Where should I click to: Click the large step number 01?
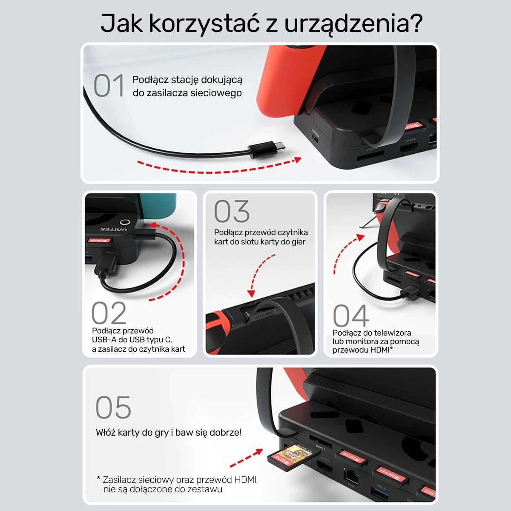click(109, 86)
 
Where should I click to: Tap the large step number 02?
click(109, 313)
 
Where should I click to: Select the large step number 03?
click(232, 212)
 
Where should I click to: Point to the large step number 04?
click(350, 316)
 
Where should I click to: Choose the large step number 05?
click(113, 408)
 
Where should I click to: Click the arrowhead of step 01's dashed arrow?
click(298, 160)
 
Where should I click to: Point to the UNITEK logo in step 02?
click(111, 230)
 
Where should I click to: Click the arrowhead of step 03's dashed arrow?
click(251, 293)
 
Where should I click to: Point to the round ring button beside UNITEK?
click(124, 223)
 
